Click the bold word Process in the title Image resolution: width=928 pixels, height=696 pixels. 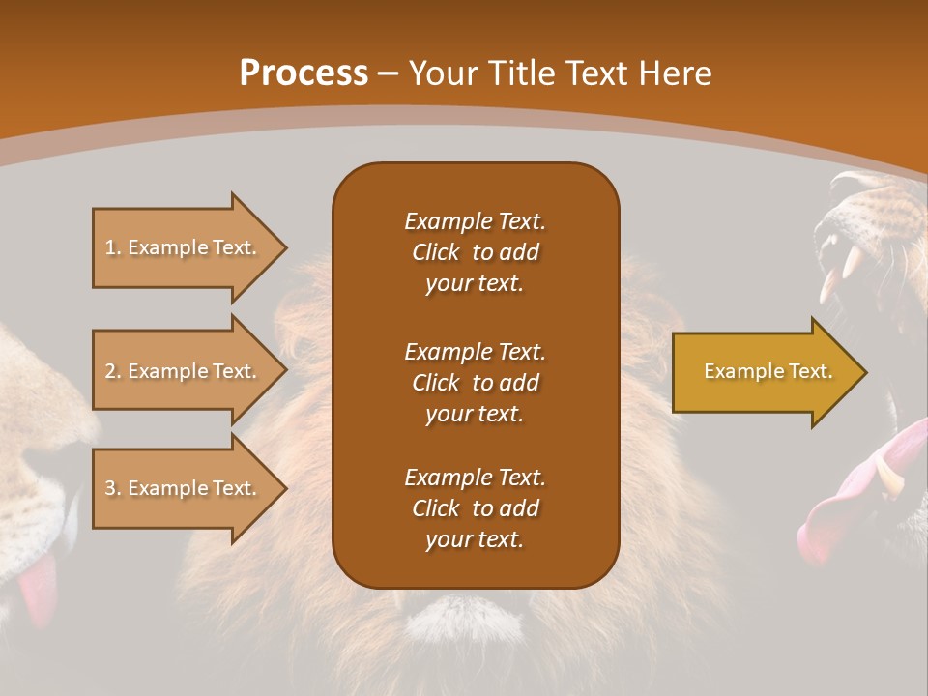304,72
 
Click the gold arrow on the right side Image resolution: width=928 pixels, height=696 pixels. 764,372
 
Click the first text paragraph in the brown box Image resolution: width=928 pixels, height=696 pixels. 475,252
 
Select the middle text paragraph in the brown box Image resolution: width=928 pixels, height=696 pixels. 475,383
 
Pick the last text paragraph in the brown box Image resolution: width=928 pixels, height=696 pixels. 475,508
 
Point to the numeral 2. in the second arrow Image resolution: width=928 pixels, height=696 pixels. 113,371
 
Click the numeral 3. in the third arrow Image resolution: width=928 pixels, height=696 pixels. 113,488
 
